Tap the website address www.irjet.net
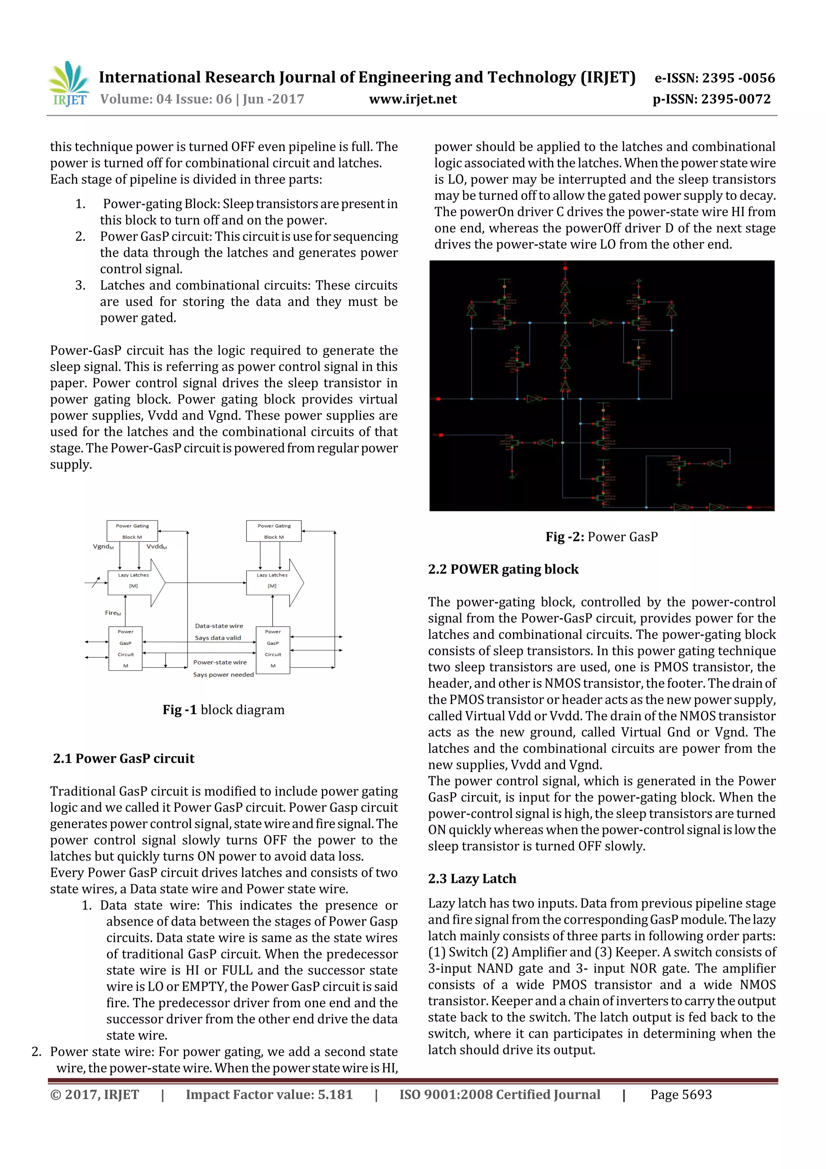click(413, 99)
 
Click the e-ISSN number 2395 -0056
click(738, 78)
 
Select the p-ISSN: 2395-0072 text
click(711, 99)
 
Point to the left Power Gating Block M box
click(132, 531)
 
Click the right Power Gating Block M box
click(274, 531)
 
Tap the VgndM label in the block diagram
click(103, 546)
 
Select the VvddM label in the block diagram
click(156, 546)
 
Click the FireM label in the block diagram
click(113, 613)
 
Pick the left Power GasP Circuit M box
click(125, 648)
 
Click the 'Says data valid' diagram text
click(218, 638)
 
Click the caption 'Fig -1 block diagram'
click(223, 710)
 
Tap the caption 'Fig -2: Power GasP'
click(602, 537)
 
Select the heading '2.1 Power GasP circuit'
click(124, 758)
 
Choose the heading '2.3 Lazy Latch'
click(472, 878)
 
